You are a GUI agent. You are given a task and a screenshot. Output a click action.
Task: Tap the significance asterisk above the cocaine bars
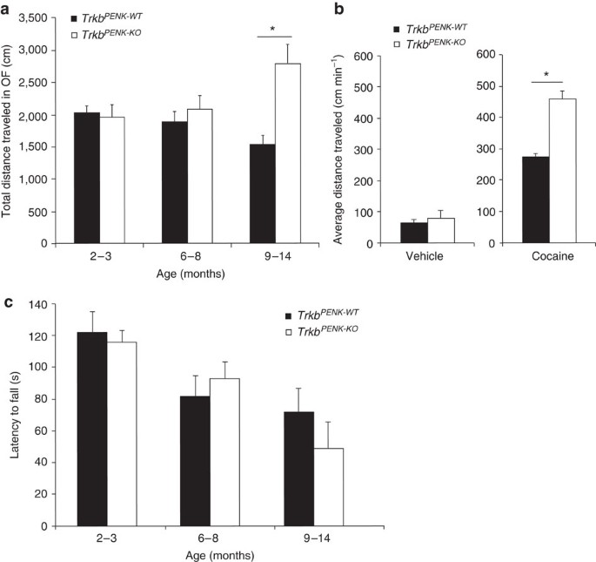(x=546, y=76)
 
